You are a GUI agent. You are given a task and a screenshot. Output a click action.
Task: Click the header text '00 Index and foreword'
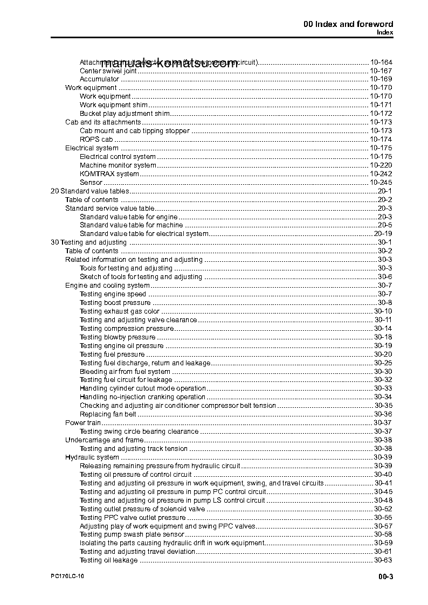click(x=348, y=24)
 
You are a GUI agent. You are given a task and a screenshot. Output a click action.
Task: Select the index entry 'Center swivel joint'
click(x=108, y=71)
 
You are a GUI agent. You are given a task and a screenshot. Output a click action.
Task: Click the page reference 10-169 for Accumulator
click(x=381, y=79)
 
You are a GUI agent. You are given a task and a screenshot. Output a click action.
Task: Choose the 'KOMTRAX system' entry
click(x=109, y=174)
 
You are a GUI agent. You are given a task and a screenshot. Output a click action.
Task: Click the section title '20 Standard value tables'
click(x=89, y=191)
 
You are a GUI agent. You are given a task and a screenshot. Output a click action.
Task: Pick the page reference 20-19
click(x=383, y=234)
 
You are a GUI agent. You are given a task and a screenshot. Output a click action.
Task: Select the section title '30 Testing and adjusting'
click(x=88, y=242)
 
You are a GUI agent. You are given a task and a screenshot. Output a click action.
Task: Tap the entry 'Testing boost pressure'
click(x=115, y=303)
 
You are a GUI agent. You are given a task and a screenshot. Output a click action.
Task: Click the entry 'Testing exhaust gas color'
click(x=120, y=311)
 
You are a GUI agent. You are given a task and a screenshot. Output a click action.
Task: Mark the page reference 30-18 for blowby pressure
click(x=383, y=337)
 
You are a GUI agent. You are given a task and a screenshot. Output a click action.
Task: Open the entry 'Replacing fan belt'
click(x=108, y=414)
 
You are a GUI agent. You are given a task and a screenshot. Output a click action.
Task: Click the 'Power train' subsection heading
click(x=83, y=423)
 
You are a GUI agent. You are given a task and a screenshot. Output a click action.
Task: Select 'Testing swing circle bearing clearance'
click(x=139, y=432)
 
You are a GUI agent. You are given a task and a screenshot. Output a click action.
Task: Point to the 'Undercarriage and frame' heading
click(x=96, y=440)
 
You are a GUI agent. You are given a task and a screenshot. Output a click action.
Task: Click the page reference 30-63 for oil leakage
click(x=383, y=560)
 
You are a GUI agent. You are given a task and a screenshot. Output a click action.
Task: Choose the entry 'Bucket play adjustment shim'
click(x=125, y=114)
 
